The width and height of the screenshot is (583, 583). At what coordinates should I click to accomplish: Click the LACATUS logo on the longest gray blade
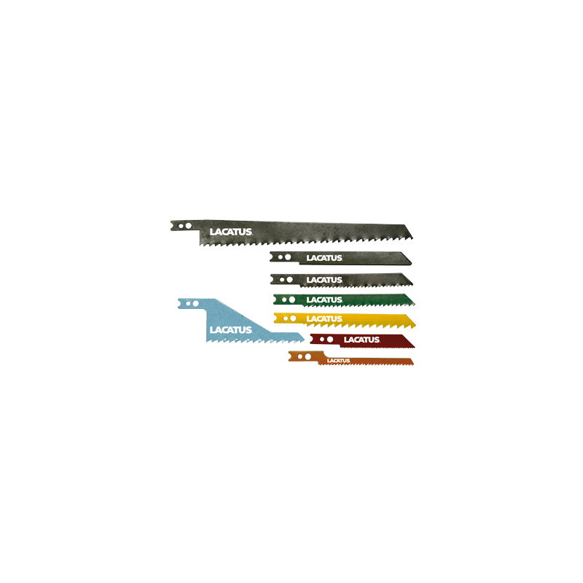tap(230, 232)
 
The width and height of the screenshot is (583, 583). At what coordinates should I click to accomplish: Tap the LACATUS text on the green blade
tap(324, 300)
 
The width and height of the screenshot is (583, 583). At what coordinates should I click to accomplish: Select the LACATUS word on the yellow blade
tap(324, 318)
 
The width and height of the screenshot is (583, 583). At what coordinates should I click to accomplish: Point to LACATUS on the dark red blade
tap(361, 340)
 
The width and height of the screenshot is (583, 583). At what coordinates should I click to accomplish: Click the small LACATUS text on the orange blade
tap(338, 360)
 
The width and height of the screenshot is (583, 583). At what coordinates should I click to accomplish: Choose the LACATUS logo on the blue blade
tap(230, 330)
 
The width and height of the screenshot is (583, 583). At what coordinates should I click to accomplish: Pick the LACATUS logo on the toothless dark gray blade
tap(324, 258)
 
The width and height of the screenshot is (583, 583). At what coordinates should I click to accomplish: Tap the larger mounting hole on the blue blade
tap(195, 302)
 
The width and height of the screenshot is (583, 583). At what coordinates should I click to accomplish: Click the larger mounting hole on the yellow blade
tap(293, 318)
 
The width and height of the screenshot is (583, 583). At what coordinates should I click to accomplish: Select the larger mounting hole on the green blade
tap(291, 299)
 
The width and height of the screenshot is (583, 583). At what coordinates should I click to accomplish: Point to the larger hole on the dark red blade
tap(329, 340)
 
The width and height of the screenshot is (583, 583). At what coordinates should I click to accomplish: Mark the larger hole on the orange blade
tap(308, 356)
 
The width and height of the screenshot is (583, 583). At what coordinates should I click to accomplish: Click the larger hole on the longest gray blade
tap(188, 227)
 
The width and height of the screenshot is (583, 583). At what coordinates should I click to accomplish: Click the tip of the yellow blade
tap(415, 321)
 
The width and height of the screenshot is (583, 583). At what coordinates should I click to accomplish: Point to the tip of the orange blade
tap(413, 361)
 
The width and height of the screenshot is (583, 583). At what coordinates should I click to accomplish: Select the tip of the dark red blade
tap(412, 340)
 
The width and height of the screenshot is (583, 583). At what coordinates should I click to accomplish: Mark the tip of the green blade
tap(414, 300)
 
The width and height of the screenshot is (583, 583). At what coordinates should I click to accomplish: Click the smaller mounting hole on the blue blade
tap(189, 302)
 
